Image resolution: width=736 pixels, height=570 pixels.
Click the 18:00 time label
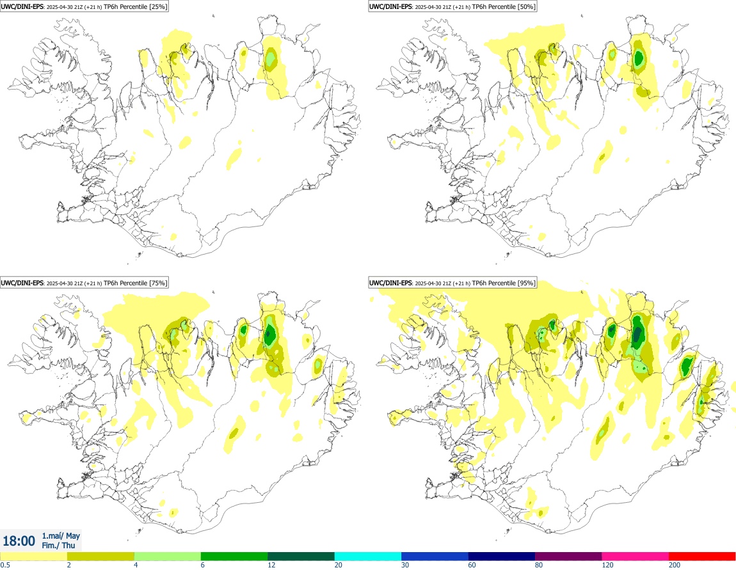(19, 541)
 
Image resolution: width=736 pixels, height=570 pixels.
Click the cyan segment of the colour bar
(367, 556)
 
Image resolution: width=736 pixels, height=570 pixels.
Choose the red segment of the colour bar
(702, 556)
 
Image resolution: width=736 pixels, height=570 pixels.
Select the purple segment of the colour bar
(568, 556)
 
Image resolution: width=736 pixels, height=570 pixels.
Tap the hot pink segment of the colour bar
(635, 556)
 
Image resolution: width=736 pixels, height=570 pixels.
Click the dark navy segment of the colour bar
(501, 556)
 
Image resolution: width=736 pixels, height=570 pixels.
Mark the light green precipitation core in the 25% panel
(271, 59)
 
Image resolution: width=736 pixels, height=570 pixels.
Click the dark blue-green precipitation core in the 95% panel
(638, 333)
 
